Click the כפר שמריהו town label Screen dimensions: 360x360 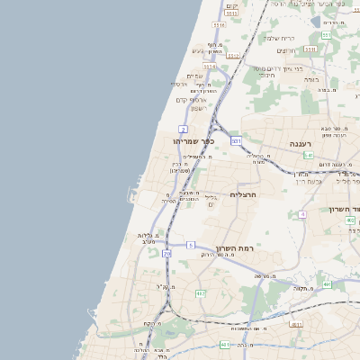point(195,140)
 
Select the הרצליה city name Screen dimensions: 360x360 point(244,193)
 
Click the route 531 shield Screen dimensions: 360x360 point(236,141)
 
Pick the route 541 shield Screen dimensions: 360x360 point(308,155)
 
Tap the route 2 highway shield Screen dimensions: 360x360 point(184,129)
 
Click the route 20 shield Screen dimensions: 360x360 point(166,254)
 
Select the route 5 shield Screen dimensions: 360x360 point(191,245)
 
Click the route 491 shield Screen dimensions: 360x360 point(328,284)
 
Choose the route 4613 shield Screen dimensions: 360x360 point(296,323)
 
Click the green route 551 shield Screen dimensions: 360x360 point(327,35)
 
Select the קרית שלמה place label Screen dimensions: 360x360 point(280,38)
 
